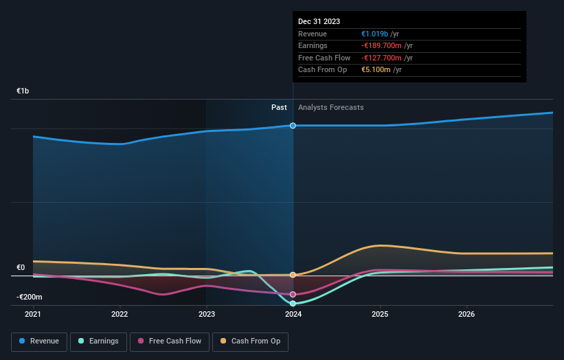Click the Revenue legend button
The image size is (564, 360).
coord(39,341)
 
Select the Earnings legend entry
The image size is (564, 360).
coord(98,341)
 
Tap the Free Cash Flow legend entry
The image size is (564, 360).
coord(170,341)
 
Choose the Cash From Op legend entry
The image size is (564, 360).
coord(251,341)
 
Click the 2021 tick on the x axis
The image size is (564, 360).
coord(33,315)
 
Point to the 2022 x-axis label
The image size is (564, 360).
coord(120,315)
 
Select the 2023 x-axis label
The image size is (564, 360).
coord(207,315)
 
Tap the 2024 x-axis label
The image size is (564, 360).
coord(293,315)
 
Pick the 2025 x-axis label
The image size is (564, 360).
coord(380,315)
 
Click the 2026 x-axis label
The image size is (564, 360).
coord(466,315)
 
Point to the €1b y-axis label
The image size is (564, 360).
coord(23,91)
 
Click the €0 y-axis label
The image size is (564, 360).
coord(21,268)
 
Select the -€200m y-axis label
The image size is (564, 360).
coord(30,297)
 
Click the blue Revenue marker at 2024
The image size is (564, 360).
coord(293,126)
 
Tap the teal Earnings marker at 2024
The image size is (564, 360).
coord(293,303)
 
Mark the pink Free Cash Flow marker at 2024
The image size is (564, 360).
coord(293,294)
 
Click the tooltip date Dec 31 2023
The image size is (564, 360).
coord(319,22)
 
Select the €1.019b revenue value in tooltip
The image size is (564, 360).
coord(375,34)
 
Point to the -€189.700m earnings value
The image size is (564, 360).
coord(381,46)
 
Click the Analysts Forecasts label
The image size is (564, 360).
coord(330,107)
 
